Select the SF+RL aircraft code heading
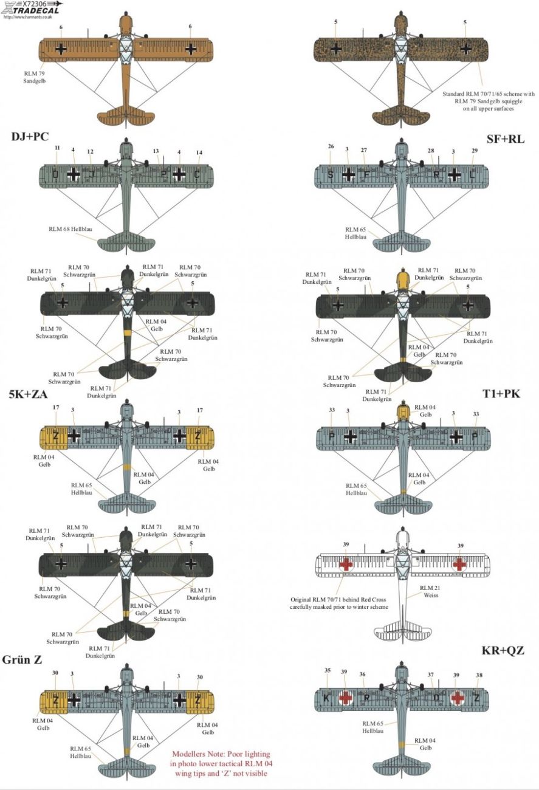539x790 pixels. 506,139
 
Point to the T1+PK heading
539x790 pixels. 503,393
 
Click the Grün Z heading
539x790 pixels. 22,660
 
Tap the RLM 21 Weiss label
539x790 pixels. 428,592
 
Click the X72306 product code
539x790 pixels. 29,4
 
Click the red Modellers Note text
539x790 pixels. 222,763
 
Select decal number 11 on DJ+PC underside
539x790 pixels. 57,148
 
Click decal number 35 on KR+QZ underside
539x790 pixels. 328,671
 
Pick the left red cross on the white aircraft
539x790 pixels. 346,563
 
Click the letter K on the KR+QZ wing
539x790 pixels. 327,698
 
